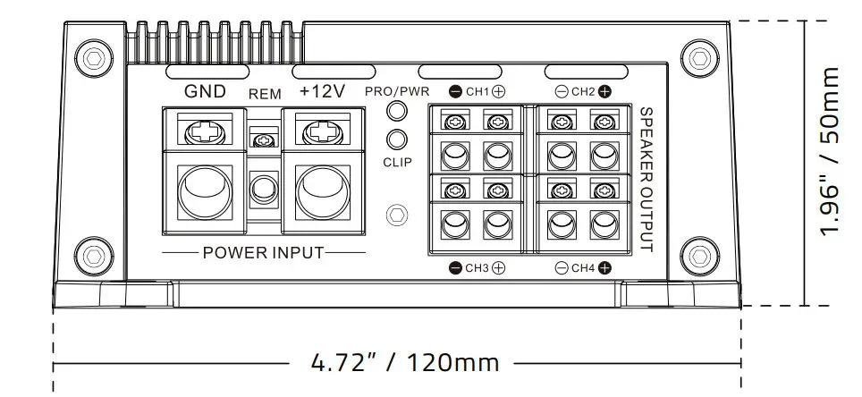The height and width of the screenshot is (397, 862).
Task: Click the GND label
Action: point(205,91)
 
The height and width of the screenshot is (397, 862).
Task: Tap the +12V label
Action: point(321,91)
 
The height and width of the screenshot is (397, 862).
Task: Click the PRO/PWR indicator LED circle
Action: point(397,111)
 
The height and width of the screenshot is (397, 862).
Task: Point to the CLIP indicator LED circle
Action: point(397,139)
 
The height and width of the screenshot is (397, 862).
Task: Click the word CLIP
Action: point(397,163)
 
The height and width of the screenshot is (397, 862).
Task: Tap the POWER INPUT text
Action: point(263,252)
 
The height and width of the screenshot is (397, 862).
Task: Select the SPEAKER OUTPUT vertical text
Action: point(646,179)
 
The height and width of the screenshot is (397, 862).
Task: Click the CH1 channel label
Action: point(477,91)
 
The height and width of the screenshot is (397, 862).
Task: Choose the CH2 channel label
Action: point(583,91)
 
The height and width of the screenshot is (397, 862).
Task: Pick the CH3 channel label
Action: point(477,267)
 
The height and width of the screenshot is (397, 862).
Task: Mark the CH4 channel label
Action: point(583,267)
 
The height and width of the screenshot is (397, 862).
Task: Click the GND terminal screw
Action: point(205,133)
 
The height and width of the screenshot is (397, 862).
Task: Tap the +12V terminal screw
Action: point(321,133)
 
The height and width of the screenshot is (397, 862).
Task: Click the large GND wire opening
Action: point(205,189)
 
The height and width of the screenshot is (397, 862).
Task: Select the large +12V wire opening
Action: point(321,189)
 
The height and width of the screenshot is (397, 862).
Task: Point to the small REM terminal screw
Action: point(263,140)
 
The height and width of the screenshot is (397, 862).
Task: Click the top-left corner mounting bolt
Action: point(93,57)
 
